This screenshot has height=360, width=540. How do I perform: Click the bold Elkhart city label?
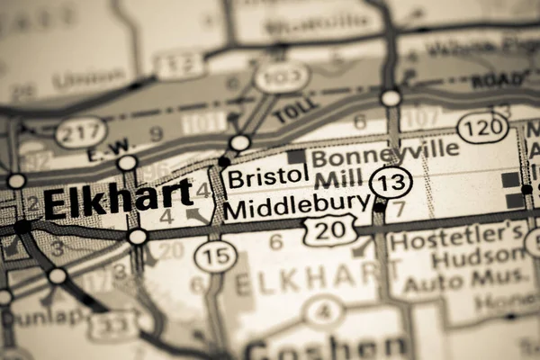(117, 198)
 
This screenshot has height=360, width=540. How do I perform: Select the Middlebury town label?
(297, 208)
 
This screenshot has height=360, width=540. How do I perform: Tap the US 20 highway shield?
(329, 230)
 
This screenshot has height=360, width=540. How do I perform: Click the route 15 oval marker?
(216, 255)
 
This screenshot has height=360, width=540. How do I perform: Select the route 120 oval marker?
(482, 127)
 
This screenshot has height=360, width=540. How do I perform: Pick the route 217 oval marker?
(81, 132)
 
